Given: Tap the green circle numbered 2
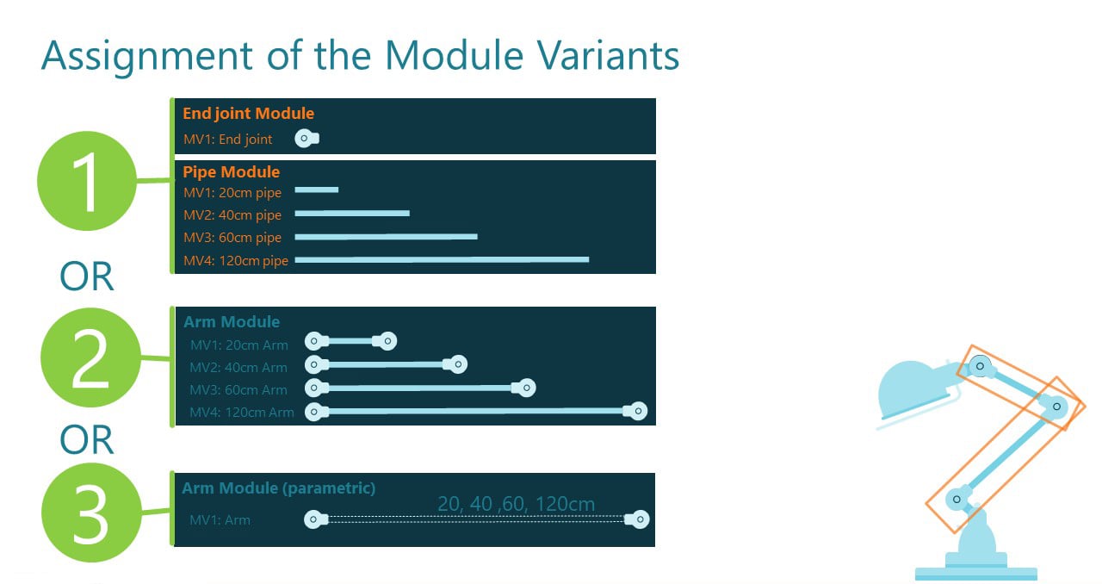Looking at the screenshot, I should coord(89,357).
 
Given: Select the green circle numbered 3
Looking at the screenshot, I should coord(89,513).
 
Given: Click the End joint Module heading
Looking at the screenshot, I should coord(248,114).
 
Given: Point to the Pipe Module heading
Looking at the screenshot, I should coord(231,172).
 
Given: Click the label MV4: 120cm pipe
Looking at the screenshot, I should coord(236,260).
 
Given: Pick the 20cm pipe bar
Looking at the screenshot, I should coord(317,189).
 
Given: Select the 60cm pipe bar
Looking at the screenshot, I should coord(386,235).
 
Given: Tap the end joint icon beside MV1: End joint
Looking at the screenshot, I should coord(306,138).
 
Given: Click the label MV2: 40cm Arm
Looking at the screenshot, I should coord(238,368).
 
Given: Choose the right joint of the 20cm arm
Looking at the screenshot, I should coord(387,342).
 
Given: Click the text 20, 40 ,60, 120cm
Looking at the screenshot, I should coord(516,504).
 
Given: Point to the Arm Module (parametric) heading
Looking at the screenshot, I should coord(278,488).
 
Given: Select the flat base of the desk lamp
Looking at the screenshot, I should coord(975,573).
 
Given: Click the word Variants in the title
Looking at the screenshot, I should coord(609,55).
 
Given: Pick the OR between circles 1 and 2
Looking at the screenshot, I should coord(87,277).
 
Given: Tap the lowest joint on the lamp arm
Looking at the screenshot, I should coord(956,500).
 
